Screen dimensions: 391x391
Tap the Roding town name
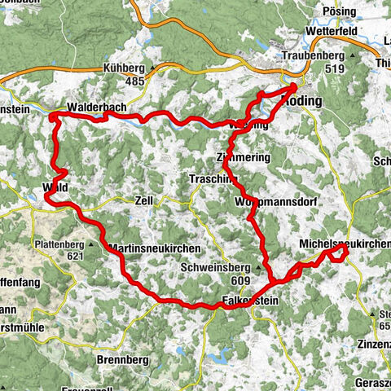(301, 100)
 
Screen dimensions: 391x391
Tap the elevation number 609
(240, 280)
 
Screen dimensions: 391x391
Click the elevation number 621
(77, 256)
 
